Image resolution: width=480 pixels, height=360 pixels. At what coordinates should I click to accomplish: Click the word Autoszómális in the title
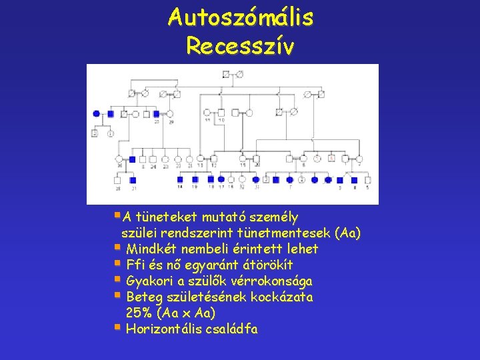coord(241,17)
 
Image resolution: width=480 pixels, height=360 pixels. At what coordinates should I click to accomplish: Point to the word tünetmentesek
coord(291,233)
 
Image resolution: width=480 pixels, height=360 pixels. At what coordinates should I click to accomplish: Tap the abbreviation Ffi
coord(135,265)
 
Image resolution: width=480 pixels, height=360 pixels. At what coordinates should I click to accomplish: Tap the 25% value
coord(139,313)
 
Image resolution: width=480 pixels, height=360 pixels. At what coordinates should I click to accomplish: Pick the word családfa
coord(234,329)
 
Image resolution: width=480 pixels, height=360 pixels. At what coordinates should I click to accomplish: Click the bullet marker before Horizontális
coord(117,327)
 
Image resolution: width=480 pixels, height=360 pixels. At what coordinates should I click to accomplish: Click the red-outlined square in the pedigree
coord(331,159)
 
